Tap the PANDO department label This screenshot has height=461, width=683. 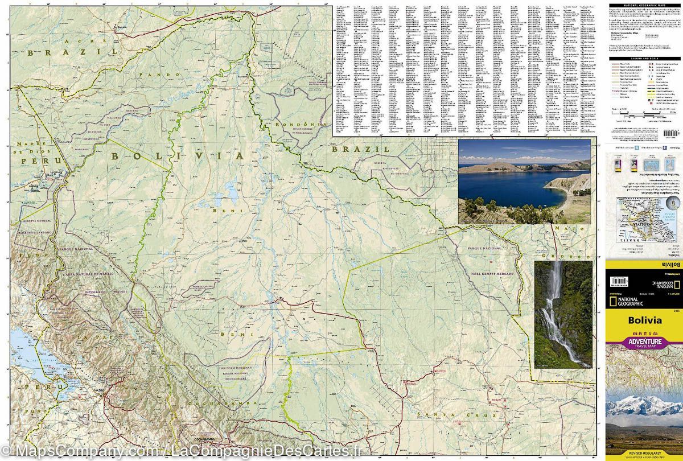[153, 75]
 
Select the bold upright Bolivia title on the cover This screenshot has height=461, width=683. [645, 320]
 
